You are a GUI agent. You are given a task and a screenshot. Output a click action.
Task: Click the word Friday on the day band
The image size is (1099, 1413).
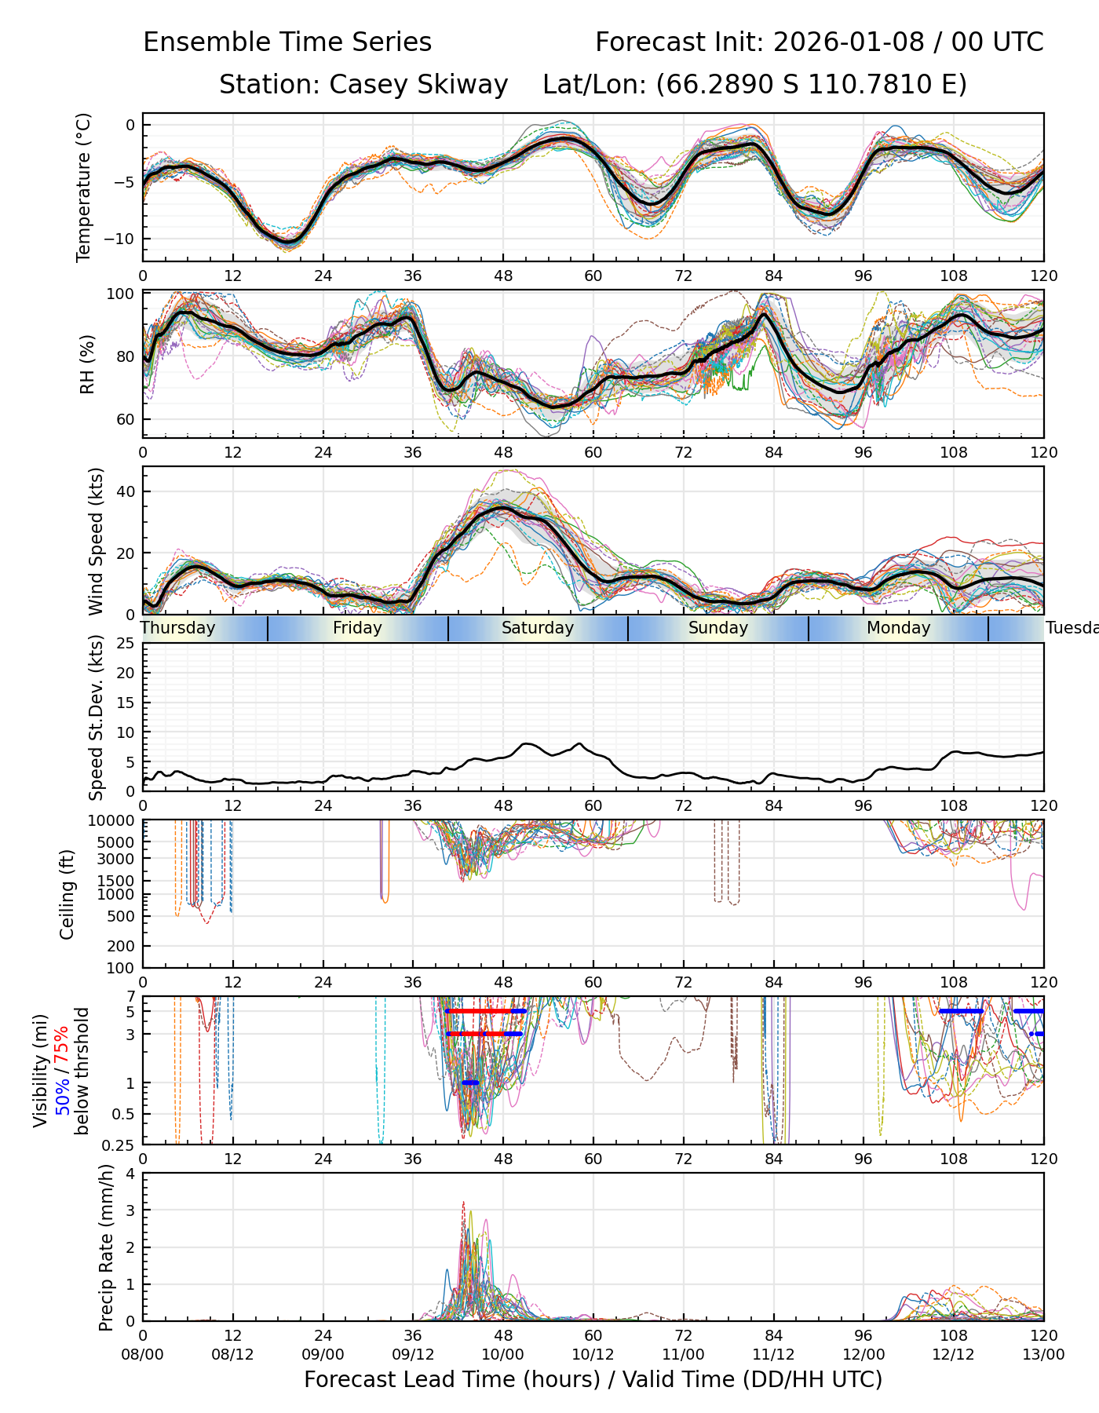click(x=357, y=628)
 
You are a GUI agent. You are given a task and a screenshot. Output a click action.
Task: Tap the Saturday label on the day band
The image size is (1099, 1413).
click(x=538, y=628)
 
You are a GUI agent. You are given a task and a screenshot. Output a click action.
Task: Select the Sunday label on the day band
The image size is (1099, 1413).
click(x=718, y=628)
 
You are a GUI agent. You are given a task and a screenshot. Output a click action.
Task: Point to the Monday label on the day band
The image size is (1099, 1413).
click(x=899, y=628)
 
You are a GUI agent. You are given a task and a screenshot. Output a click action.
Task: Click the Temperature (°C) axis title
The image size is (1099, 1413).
click(x=84, y=187)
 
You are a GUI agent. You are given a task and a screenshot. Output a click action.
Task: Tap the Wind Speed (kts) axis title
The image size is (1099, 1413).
click(x=96, y=541)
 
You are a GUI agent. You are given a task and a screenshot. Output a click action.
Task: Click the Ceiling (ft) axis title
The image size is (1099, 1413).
click(x=68, y=894)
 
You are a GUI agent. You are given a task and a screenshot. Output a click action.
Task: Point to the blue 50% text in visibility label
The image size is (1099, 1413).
click(x=62, y=1092)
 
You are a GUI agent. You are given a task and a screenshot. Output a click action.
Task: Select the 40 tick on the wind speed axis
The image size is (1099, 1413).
click(x=126, y=491)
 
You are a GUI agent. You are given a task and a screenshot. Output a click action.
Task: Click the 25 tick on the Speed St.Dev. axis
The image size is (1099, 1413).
click(x=126, y=644)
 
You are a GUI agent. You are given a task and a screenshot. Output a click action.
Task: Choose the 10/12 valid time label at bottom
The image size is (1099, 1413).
click(x=593, y=1354)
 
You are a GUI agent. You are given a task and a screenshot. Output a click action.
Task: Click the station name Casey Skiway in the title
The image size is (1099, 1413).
click(x=418, y=84)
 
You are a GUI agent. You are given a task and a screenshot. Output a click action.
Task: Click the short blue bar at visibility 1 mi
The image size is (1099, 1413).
click(x=470, y=1083)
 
